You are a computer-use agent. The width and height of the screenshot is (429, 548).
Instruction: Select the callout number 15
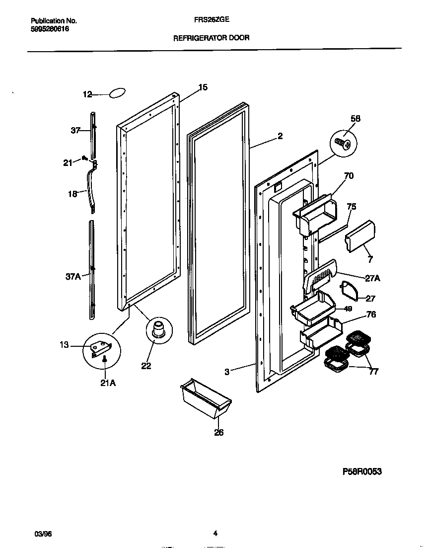point(203,88)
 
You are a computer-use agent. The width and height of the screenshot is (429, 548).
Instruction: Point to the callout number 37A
point(73,277)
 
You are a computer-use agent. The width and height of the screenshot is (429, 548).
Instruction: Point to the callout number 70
point(349,176)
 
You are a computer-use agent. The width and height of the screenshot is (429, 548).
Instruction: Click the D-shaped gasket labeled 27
point(351,292)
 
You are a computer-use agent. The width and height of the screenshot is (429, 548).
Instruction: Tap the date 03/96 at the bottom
point(44,534)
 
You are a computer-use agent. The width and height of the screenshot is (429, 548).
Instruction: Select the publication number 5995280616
point(49,29)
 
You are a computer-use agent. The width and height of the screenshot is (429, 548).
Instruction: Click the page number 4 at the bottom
point(215,534)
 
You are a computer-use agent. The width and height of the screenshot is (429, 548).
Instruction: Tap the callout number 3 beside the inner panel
point(227,371)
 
